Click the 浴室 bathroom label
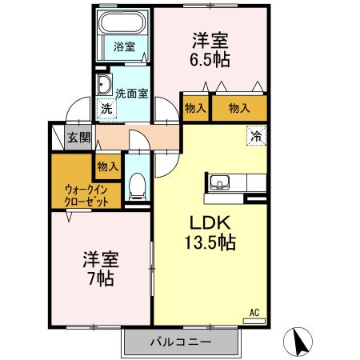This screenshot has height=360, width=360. pyautogui.click(x=123, y=47)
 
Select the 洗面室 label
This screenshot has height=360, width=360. pyautogui.click(x=131, y=93)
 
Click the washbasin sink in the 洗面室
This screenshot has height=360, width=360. pyautogui.click(x=105, y=87)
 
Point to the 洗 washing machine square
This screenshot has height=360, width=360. pyautogui.click(x=106, y=110)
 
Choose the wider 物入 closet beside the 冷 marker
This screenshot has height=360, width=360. pyautogui.click(x=238, y=108)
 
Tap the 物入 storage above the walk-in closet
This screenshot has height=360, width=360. pyautogui.click(x=107, y=166)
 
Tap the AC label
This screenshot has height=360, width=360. pyautogui.click(x=254, y=312)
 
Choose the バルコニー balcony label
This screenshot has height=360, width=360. pyautogui.click(x=181, y=342)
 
